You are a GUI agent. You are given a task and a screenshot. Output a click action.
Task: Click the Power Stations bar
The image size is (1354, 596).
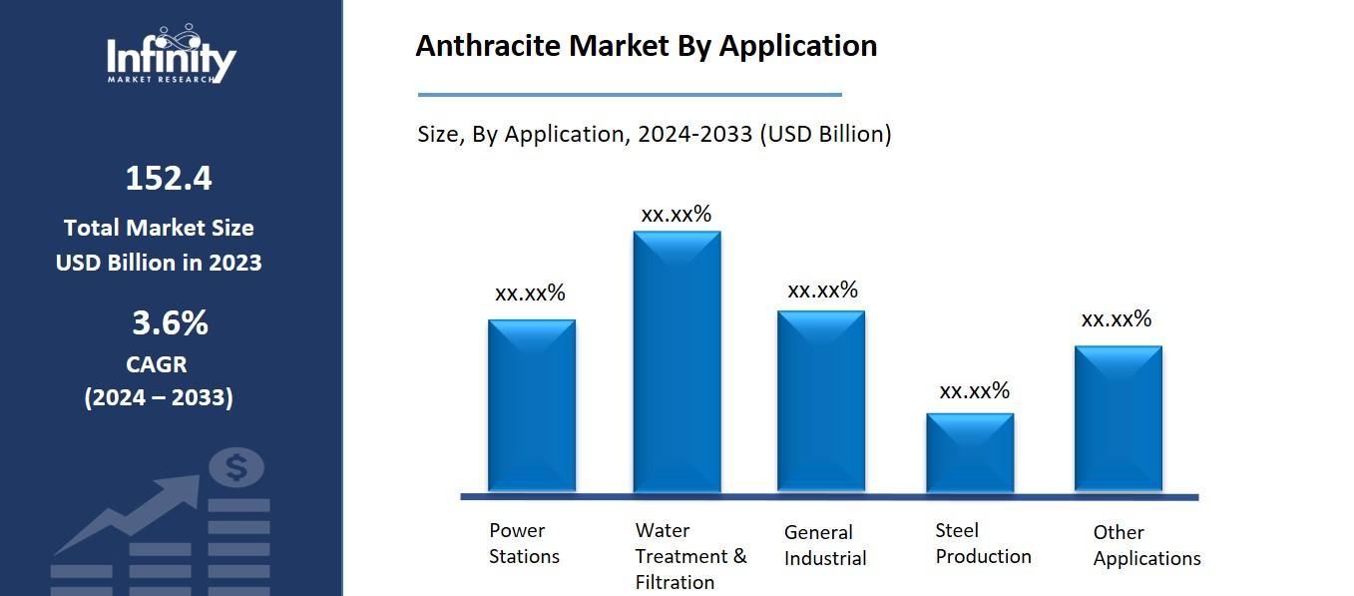pyautogui.click(x=531, y=405)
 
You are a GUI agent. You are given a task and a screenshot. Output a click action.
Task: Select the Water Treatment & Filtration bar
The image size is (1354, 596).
pyautogui.click(x=677, y=361)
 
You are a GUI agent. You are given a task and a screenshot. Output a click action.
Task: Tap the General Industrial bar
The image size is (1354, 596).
pyautogui.click(x=821, y=401)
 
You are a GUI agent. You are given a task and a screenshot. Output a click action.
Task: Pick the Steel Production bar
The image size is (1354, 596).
pyautogui.click(x=970, y=452)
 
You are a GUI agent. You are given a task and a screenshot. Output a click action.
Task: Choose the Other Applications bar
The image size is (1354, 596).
pyautogui.click(x=1118, y=418)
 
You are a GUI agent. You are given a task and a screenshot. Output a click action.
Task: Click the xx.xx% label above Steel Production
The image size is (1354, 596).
pyautogui.click(x=974, y=390)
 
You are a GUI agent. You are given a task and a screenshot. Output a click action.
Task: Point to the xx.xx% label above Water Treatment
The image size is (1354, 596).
pyautogui.click(x=676, y=214)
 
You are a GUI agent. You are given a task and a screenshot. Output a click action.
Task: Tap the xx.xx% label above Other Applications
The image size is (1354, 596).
pyautogui.click(x=1117, y=319)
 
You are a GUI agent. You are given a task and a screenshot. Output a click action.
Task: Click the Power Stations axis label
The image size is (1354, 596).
pyautogui.click(x=524, y=543)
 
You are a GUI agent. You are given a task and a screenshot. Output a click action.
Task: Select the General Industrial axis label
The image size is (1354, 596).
pyautogui.click(x=825, y=545)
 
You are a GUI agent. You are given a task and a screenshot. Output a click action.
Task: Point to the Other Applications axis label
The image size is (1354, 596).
pyautogui.click(x=1146, y=545)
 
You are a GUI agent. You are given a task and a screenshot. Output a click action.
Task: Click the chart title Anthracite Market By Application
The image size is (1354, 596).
pyautogui.click(x=646, y=46)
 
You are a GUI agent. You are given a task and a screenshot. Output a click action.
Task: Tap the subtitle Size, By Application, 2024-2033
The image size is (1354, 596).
pyautogui.click(x=654, y=134)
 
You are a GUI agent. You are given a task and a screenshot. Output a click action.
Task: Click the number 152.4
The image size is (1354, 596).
pyautogui.click(x=169, y=179)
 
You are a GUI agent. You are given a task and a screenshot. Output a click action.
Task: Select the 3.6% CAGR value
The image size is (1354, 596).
pyautogui.click(x=170, y=323)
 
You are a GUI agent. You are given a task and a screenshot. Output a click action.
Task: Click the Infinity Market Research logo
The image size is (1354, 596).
pyautogui.click(x=172, y=56)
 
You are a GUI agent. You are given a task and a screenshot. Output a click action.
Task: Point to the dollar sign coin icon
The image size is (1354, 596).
pyautogui.click(x=237, y=467)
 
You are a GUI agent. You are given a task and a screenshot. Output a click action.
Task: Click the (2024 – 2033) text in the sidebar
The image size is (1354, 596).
pyautogui.click(x=159, y=397)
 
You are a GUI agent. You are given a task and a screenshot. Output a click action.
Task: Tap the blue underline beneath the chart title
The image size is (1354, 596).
pyautogui.click(x=629, y=95)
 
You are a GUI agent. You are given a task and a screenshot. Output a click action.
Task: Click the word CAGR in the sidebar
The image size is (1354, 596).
pyautogui.click(x=157, y=364)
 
